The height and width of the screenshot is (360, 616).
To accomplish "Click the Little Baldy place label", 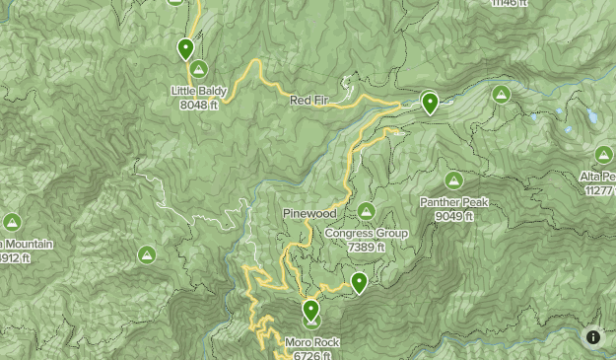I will tap(199, 92).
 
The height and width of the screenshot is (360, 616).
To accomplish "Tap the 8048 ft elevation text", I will tap(199, 105).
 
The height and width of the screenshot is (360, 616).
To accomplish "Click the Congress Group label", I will tap(366, 235).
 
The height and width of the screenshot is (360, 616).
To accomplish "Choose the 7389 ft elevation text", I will tap(366, 248).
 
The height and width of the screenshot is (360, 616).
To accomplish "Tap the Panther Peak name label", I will tap(454, 203).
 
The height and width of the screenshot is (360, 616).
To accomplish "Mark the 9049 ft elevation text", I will tap(454, 216).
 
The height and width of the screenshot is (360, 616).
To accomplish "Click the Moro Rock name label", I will tap(311, 343).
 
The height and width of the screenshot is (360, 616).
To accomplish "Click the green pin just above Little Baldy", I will tap(185, 48).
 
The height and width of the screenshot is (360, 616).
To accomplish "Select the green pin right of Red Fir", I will tap(429, 102).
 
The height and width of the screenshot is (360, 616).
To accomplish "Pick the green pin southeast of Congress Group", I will tap(360, 283).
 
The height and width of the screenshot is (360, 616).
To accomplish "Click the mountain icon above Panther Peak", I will tap(453, 180).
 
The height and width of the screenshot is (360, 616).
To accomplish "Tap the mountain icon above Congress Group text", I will tap(366, 211).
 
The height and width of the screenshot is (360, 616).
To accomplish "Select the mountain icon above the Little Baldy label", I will tap(199, 70).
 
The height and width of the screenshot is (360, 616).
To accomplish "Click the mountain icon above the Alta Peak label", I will tap(604, 154).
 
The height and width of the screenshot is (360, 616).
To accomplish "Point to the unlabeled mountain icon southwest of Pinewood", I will tap(146, 255).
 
